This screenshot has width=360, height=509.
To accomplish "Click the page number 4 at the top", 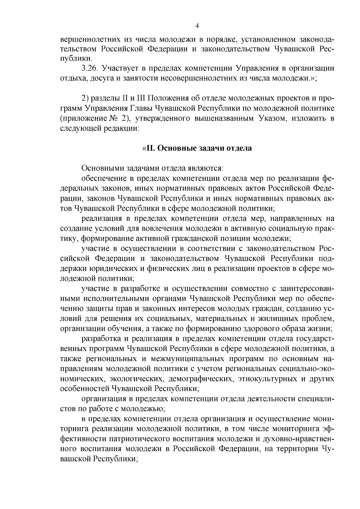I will click(x=197, y=26).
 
